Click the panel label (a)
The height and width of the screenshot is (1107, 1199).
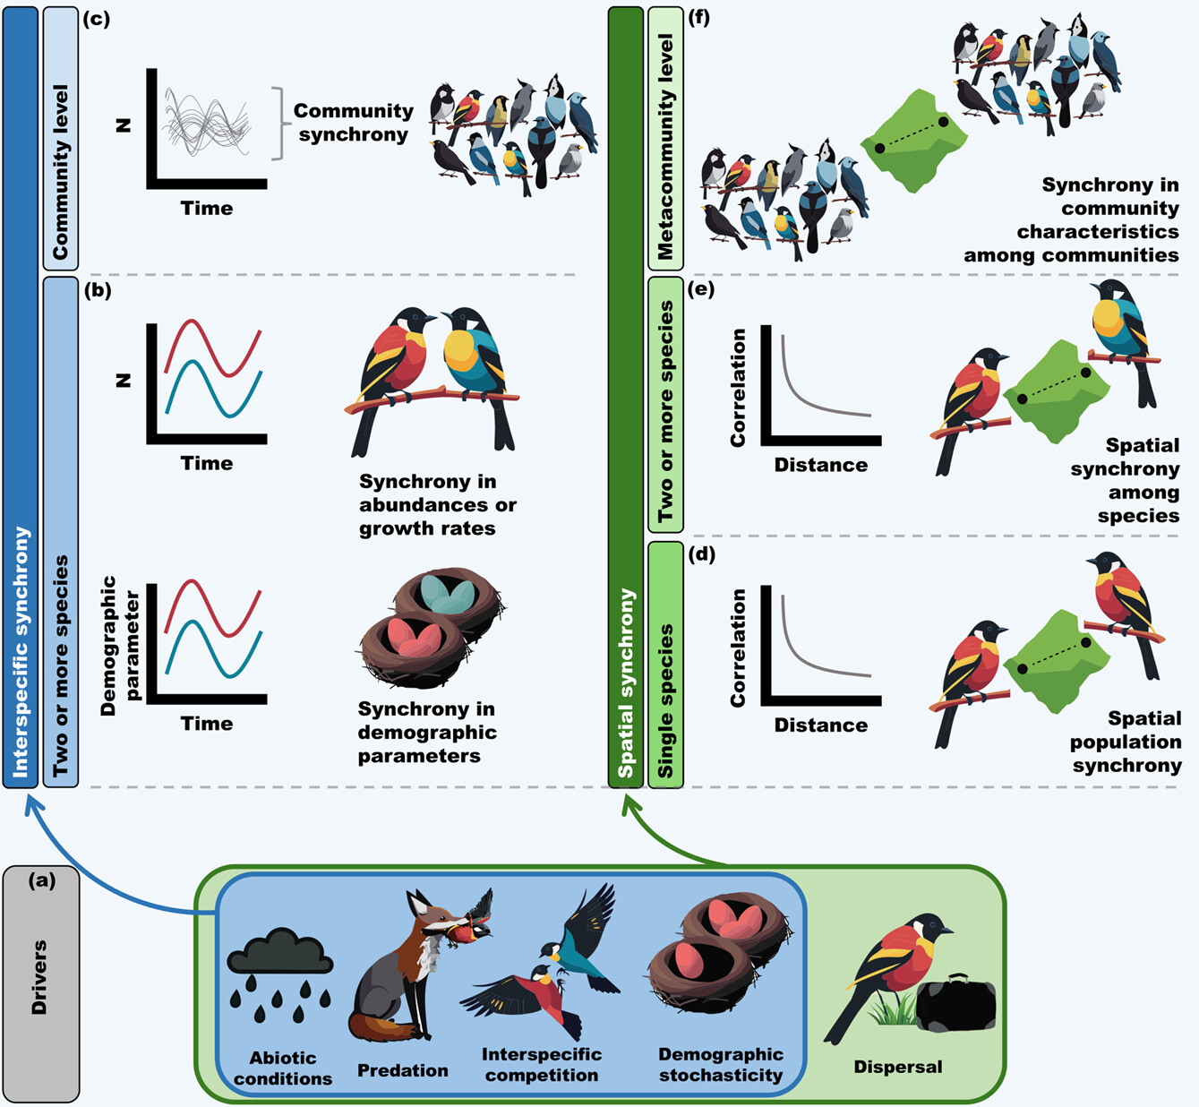click(41, 880)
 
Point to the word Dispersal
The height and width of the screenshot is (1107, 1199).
click(897, 1067)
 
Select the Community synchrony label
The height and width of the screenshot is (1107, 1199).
click(353, 123)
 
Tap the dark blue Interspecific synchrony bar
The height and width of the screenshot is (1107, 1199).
click(21, 394)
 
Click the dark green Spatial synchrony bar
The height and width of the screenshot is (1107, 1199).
click(625, 394)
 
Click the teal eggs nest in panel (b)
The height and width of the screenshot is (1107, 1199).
click(448, 596)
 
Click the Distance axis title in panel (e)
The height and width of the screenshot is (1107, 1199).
click(820, 465)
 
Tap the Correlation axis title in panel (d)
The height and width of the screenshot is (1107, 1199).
click(738, 648)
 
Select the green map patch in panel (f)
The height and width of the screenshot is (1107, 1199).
click(914, 141)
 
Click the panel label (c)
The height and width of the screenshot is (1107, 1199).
click(96, 19)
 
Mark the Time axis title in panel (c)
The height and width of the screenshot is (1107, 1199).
click(206, 208)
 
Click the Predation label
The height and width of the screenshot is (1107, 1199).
click(402, 1070)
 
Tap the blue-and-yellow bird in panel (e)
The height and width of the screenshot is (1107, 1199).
click(1119, 331)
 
